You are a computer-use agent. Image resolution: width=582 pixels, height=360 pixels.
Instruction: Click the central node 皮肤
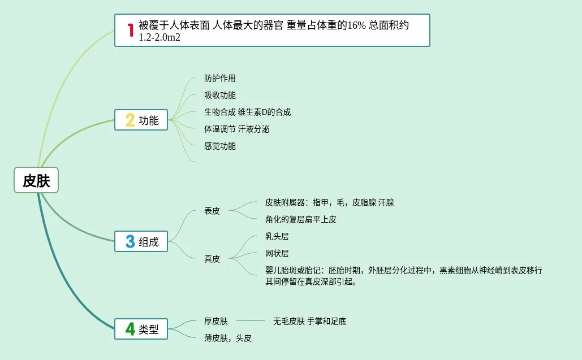[36, 181]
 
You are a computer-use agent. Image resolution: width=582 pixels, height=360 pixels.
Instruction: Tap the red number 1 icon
[130, 30]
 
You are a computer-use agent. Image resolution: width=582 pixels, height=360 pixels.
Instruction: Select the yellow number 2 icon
[130, 120]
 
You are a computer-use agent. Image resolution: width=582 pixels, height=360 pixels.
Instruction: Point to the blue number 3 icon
[130, 242]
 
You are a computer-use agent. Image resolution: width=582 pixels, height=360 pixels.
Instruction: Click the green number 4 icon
[130, 328]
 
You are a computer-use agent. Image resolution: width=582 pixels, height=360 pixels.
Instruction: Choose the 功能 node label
[149, 120]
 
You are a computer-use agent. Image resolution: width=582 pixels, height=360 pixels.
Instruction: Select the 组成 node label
[149, 242]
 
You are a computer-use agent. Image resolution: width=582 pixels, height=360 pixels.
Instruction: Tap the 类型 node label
[149, 329]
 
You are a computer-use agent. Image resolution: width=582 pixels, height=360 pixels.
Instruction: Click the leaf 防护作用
[220, 79]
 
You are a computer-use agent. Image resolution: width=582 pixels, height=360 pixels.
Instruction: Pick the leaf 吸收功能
[220, 96]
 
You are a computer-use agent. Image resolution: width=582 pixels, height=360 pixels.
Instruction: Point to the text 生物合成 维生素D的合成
[247, 112]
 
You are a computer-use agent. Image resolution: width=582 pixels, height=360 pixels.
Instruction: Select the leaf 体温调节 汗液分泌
[236, 129]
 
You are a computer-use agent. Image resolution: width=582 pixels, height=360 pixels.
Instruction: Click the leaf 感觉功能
[220, 146]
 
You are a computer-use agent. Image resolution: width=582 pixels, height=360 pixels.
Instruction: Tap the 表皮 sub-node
[212, 211]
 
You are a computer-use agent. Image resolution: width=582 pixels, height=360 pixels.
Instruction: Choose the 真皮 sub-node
[212, 259]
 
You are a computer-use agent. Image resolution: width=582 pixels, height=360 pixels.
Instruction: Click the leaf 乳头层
[277, 237]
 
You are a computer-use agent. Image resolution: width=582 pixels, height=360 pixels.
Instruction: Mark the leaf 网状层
[277, 254]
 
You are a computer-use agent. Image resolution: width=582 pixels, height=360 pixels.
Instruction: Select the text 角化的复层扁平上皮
[300, 220]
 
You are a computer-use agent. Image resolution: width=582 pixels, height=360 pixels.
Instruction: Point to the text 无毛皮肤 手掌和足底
[309, 322]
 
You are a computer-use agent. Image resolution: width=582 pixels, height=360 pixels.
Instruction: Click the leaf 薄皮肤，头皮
[228, 339]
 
